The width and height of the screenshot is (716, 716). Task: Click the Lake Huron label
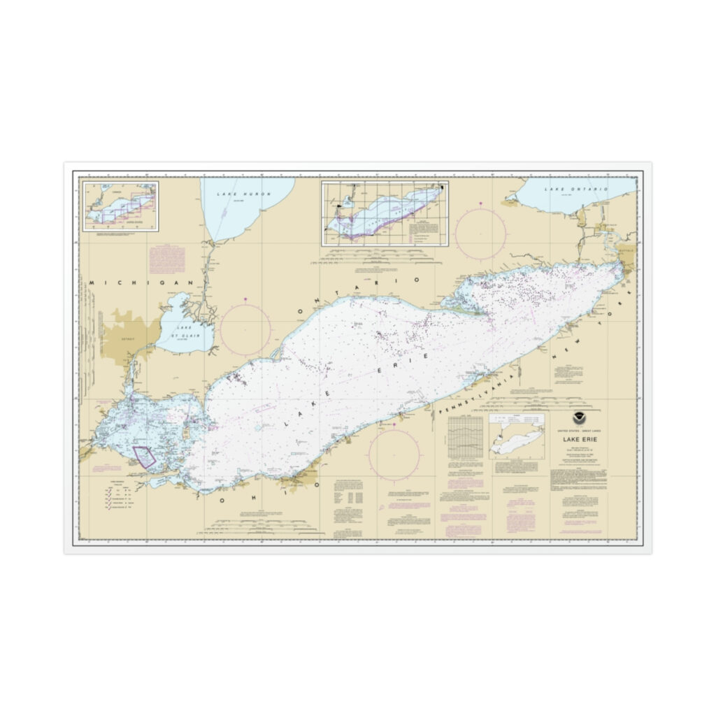pyautogui.click(x=243, y=193)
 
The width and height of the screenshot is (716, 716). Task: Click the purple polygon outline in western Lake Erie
pyautogui.click(x=145, y=456)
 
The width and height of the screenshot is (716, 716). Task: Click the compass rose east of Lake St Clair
pyautogui.click(x=246, y=329)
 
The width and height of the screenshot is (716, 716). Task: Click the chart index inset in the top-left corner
pyautogui.click(x=121, y=205)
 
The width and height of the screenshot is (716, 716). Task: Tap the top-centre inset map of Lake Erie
pyautogui.click(x=385, y=213)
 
